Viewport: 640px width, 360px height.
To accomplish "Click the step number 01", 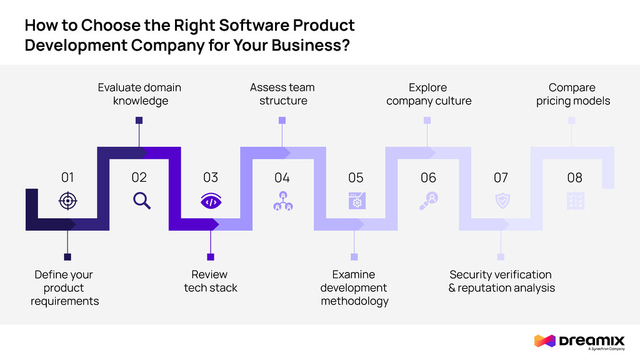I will tap(67, 177).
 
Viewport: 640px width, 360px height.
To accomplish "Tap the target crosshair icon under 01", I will tap(67, 201).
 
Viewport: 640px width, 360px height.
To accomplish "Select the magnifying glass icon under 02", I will tap(142, 201).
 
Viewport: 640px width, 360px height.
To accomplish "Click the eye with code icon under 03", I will tap(211, 201).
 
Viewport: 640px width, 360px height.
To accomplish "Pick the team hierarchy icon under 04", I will tap(282, 201).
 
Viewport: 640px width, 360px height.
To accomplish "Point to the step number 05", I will tap(356, 177).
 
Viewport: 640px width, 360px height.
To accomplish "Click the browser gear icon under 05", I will tap(356, 201).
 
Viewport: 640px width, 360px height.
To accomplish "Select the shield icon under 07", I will tap(501, 201).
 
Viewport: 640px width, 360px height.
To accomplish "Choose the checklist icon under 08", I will tap(574, 201).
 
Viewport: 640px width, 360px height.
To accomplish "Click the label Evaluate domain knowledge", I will tap(139, 94).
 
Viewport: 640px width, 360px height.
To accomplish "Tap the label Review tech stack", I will tap(211, 281).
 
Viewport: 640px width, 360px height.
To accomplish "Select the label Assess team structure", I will tap(282, 94).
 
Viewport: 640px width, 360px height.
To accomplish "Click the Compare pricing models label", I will tap(572, 94).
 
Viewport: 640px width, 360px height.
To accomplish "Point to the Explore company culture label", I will tap(429, 94).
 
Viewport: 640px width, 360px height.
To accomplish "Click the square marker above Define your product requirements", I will tap(67, 257).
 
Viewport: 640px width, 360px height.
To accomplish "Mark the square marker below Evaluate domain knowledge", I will tap(139, 120).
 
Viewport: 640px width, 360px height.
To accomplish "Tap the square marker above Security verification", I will tap(501, 257).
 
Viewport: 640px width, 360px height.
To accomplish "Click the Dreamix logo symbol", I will tap(544, 341).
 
